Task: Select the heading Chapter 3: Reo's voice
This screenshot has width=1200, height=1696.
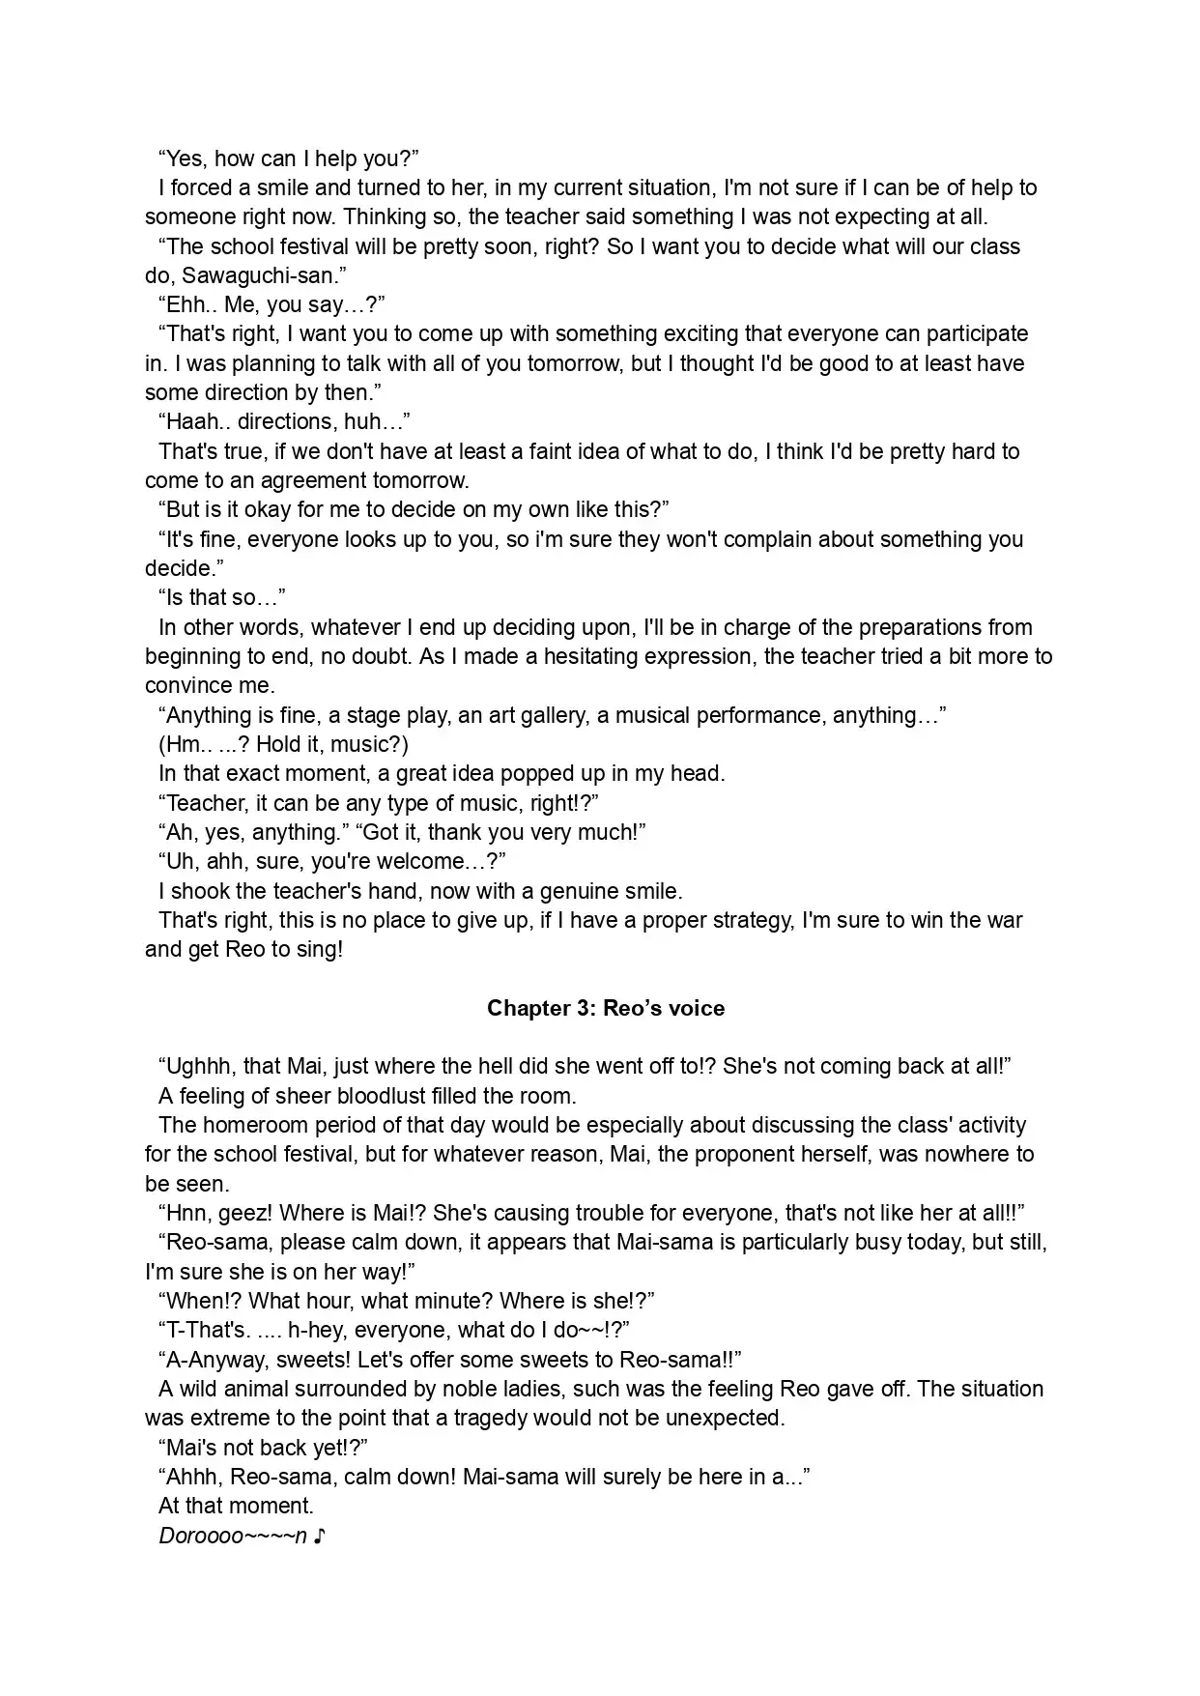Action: [x=606, y=1008]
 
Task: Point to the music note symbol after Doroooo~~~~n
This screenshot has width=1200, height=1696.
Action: [x=320, y=1536]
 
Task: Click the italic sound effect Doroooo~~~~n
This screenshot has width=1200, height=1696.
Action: [x=233, y=1536]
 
